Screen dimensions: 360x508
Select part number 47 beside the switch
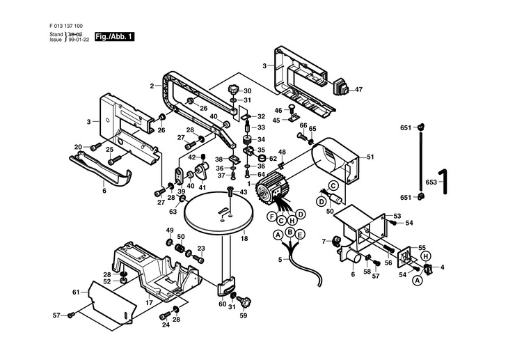click(358, 90)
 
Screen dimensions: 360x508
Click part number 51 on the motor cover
click(370, 157)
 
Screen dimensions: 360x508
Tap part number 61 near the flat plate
click(76, 292)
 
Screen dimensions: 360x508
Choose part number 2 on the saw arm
click(151, 86)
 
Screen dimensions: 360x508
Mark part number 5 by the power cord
click(280, 260)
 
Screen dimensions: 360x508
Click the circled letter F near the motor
click(273, 217)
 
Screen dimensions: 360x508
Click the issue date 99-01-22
click(81, 40)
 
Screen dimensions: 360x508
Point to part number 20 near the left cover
click(78, 146)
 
